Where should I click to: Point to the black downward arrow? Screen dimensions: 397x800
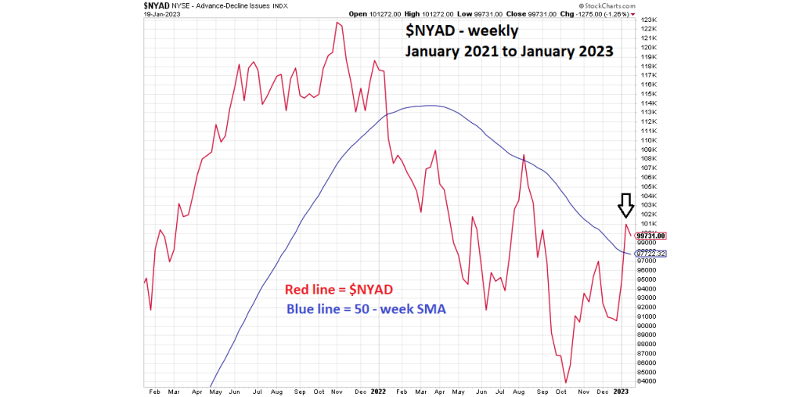[x=625, y=205]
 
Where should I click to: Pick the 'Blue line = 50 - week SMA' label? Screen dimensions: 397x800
[x=366, y=309]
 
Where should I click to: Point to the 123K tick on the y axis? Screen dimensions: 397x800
[x=647, y=20]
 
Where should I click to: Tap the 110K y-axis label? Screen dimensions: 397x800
[x=647, y=140]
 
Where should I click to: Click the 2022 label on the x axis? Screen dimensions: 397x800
[x=378, y=389]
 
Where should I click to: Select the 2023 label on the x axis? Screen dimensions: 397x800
[x=620, y=389]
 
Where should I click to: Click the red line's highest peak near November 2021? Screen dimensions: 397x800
[x=337, y=22]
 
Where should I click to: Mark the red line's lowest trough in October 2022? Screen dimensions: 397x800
[x=565, y=383]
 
